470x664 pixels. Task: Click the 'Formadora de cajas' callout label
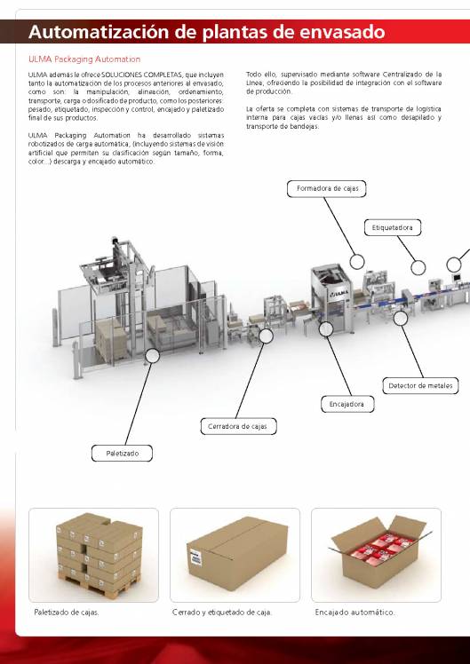click(x=326, y=188)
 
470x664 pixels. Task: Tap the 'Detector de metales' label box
click(x=420, y=385)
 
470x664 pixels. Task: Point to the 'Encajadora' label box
click(x=347, y=404)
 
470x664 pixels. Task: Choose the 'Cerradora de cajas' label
click(x=237, y=426)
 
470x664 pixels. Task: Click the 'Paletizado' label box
click(x=123, y=454)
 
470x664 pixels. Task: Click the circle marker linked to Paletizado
click(x=153, y=355)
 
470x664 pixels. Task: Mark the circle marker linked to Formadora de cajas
click(x=357, y=261)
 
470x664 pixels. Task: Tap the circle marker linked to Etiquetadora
click(x=417, y=266)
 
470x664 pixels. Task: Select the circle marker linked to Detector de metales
click(x=400, y=316)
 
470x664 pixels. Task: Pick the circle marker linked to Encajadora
click(x=324, y=329)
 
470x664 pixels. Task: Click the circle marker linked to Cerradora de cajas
click(x=266, y=336)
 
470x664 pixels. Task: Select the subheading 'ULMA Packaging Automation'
click(x=78, y=59)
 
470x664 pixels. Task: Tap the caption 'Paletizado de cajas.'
click(x=67, y=613)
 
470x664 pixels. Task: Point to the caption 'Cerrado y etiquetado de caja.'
click(x=222, y=613)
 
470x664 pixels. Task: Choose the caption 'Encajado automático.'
click(x=354, y=613)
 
